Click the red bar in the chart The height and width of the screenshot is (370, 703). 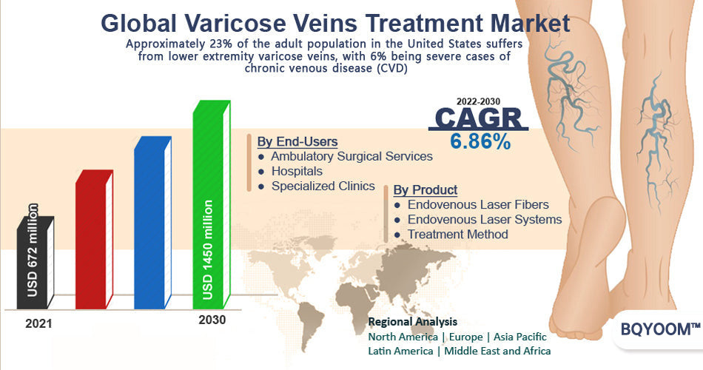[94, 240]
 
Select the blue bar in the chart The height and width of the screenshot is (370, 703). [153, 223]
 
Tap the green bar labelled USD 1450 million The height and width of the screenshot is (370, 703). [212, 205]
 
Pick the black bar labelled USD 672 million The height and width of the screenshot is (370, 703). [36, 263]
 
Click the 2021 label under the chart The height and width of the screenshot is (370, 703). [38, 323]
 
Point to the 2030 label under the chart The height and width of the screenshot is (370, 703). [212, 320]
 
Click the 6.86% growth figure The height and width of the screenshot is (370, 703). [480, 142]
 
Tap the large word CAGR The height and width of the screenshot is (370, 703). [478, 118]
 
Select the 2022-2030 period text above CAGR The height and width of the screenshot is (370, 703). [478, 101]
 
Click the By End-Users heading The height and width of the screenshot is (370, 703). [297, 142]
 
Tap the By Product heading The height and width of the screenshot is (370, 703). [425, 189]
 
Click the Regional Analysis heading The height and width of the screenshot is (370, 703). [412, 322]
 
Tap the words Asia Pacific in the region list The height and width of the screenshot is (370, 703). [520, 337]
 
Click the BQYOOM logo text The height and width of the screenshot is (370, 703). [660, 329]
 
